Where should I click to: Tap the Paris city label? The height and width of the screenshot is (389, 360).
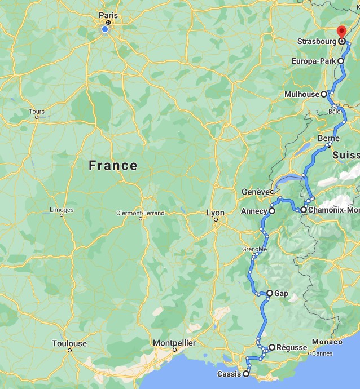click(108, 15)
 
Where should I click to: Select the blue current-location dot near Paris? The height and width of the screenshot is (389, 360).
click(105, 29)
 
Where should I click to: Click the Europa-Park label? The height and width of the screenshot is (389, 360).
click(314, 61)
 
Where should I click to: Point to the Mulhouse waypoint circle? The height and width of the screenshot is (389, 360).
click(324, 94)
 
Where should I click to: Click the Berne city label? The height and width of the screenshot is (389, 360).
click(328, 138)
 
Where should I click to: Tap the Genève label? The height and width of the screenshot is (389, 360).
click(254, 192)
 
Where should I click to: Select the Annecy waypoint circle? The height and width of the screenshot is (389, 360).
click(272, 211)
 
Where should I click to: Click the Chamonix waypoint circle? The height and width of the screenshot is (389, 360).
click(304, 210)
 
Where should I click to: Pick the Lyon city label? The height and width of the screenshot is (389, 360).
click(216, 213)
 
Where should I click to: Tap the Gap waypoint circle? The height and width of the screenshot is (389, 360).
click(270, 293)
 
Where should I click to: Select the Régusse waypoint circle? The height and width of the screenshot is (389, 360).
click(272, 347)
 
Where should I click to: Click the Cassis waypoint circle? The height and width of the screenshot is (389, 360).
click(246, 374)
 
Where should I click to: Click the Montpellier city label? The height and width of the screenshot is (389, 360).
click(174, 343)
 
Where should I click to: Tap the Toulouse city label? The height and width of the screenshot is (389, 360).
click(69, 343)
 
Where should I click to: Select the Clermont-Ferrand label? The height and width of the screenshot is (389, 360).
click(140, 213)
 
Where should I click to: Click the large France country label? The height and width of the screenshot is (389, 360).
click(113, 165)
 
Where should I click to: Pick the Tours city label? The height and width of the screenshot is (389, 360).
click(37, 112)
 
